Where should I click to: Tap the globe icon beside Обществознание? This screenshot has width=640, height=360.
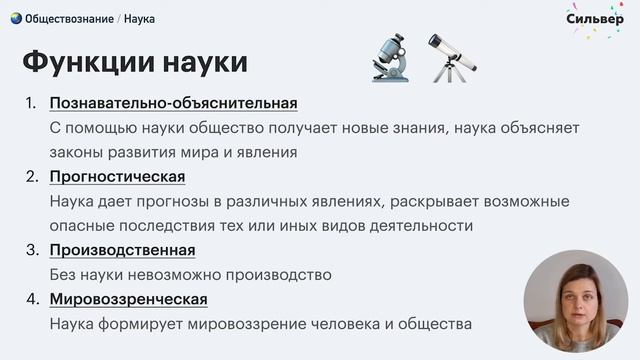point(16,18)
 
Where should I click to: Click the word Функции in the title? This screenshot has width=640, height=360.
point(83,62)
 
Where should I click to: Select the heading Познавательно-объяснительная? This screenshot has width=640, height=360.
point(173,103)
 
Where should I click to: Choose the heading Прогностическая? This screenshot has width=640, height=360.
point(117,177)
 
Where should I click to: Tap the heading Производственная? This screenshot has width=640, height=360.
point(122,250)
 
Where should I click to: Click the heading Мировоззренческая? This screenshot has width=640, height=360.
point(128,299)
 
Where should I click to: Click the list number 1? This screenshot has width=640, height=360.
point(30,103)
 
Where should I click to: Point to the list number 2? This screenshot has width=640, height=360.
point(30,177)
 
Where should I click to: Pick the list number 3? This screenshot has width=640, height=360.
point(30,250)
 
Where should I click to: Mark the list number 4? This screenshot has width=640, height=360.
point(30,299)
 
